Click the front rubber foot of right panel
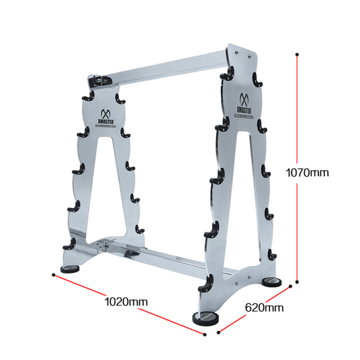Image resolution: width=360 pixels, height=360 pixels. tap(205, 318)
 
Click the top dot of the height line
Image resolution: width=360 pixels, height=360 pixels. tap(297, 55)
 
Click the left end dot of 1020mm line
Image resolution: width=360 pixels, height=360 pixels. tap(53, 275)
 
